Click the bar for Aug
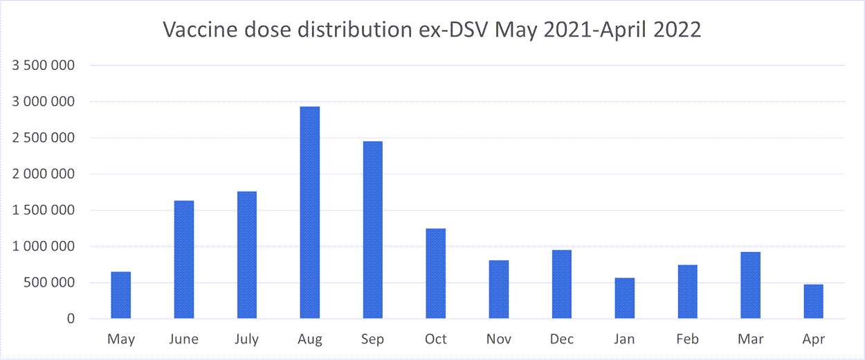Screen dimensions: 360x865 pos(309,213)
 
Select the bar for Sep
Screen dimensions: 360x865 pos(372,230)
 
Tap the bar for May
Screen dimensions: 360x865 pos(121,295)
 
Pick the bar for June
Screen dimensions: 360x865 pos(184,260)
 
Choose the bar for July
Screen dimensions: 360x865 pos(247,255)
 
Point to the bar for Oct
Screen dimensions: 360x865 pos(436,273)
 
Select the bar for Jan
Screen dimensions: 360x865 pos(625,298)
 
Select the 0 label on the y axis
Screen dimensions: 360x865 pos(71,319)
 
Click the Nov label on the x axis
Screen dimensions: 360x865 pos(499,339)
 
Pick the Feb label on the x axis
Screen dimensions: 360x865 pos(687,339)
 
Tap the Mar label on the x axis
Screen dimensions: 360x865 pos(750,339)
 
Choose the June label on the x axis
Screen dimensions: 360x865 pos(184,339)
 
